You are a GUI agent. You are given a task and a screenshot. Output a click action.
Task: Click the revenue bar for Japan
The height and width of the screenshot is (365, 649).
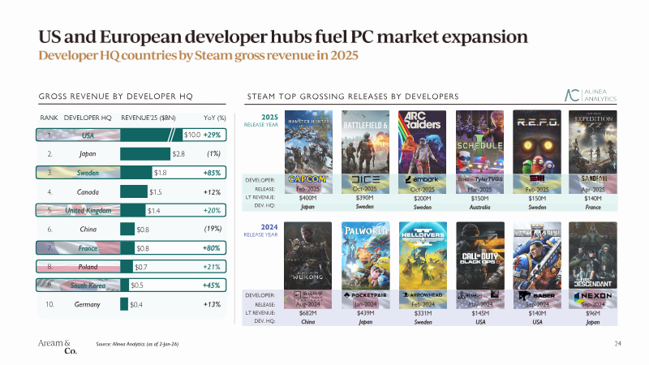(x=144, y=152)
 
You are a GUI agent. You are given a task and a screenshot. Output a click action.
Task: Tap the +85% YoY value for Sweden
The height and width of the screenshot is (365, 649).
(x=213, y=172)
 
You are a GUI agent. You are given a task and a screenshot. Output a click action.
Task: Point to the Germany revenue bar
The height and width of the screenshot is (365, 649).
(x=123, y=304)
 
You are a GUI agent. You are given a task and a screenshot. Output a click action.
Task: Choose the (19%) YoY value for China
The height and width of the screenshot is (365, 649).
(x=213, y=229)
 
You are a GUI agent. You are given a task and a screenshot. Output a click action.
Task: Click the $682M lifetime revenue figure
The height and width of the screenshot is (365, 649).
(x=308, y=311)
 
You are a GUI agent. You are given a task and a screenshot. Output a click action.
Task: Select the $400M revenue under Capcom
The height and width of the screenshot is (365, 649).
(x=308, y=197)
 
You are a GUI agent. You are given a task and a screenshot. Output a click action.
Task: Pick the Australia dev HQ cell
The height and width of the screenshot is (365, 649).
(x=479, y=207)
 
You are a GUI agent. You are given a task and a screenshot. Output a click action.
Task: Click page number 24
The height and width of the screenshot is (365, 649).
(x=617, y=345)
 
